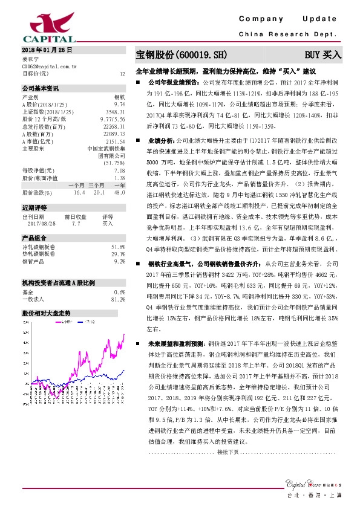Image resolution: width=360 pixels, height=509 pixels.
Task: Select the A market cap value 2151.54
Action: tap(116, 141)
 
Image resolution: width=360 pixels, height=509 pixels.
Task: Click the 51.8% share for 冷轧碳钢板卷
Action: tap(118, 247)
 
